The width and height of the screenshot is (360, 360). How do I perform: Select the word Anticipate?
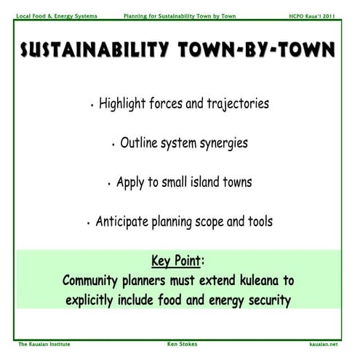[x=126, y=221]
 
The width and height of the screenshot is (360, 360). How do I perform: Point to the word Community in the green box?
[x=96, y=280]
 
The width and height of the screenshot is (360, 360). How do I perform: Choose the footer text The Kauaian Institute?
[x=46, y=343]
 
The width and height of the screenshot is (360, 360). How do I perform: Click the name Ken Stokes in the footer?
[x=180, y=343]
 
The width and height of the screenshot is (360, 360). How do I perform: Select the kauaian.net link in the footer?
[x=324, y=343]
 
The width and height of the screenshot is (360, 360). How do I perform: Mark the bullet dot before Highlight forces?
[x=92, y=106]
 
